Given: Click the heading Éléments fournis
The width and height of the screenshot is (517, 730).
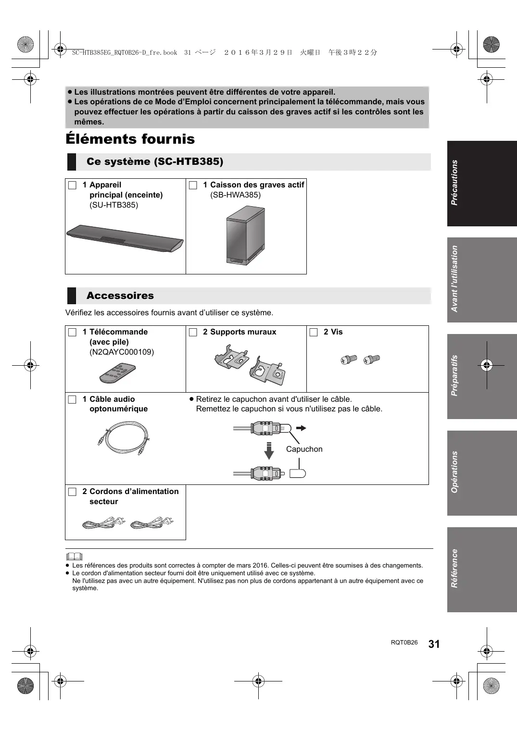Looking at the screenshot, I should (x=130, y=139).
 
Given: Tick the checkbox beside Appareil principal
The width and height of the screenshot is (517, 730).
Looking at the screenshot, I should (x=72, y=185).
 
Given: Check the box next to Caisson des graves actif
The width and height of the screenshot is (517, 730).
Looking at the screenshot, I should (x=193, y=185).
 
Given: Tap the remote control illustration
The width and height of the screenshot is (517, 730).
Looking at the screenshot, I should (x=118, y=373).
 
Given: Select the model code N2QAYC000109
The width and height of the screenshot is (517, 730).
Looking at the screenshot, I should (x=122, y=352).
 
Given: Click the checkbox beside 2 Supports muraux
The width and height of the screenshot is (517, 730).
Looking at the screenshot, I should (x=193, y=332).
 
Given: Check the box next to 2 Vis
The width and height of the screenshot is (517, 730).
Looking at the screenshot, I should (x=314, y=332).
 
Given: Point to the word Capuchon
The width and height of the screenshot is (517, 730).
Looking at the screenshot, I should (x=304, y=449).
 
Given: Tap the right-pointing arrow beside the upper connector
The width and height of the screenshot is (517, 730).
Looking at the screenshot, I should (x=301, y=428).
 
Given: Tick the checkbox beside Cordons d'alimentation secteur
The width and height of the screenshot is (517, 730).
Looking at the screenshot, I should (x=72, y=492).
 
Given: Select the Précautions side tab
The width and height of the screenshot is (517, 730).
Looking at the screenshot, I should (x=482, y=183).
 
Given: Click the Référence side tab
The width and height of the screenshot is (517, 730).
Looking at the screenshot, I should (x=482, y=569).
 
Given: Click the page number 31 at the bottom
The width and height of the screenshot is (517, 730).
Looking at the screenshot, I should (x=434, y=644).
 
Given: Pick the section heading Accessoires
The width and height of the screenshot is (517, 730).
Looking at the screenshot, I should (x=120, y=296).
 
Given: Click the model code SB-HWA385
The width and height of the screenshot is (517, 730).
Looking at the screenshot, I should (x=235, y=195).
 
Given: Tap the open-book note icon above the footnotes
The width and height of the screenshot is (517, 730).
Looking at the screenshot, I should (x=75, y=557).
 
